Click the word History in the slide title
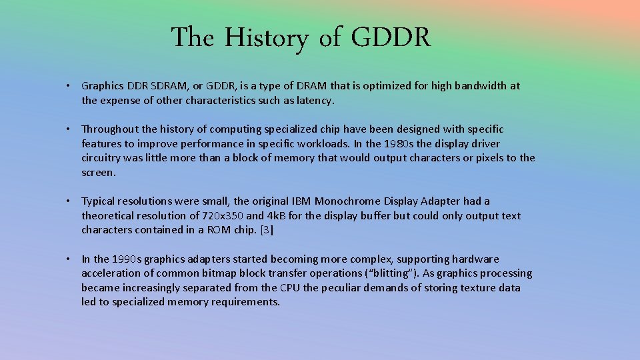pyautogui.click(x=266, y=38)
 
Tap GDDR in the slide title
pyautogui.click(x=391, y=38)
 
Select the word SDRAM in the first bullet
pyautogui.click(x=150, y=86)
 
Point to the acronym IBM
pyautogui.click(x=300, y=201)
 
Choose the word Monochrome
pyautogui.click(x=347, y=201)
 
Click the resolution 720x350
pyautogui.click(x=223, y=216)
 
